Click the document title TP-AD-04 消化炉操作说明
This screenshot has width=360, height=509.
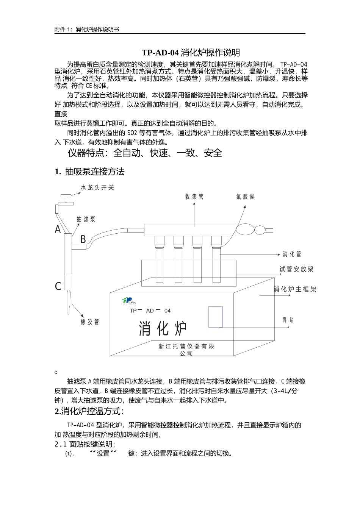pyautogui.click(x=191, y=52)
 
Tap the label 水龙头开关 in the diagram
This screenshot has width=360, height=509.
pyautogui.click(x=97, y=188)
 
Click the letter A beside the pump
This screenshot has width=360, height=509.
pyautogui.click(x=58, y=229)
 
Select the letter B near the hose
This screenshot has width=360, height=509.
pyautogui.click(x=83, y=239)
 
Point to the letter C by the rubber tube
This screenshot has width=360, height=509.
pyautogui.click(x=58, y=286)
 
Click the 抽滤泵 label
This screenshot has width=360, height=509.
pyautogui.click(x=86, y=219)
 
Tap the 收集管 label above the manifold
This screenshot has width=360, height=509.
pyautogui.click(x=194, y=197)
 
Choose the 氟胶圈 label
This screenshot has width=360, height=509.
pyautogui.click(x=245, y=197)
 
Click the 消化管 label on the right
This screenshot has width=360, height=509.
pyautogui.click(x=292, y=254)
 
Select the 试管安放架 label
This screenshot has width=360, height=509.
pyautogui.click(x=296, y=269)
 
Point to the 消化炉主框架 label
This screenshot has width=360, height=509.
pyautogui.click(x=295, y=289)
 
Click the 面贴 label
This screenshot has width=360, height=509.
pyautogui.click(x=288, y=320)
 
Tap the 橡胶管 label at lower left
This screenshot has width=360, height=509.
pyautogui.click(x=90, y=322)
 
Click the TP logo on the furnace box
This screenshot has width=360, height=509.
pyautogui.click(x=127, y=300)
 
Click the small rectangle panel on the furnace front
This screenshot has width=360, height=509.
pyautogui.click(x=216, y=317)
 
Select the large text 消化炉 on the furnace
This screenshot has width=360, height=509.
pyautogui.click(x=163, y=328)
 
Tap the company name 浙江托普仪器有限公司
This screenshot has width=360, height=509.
pyautogui.click(x=186, y=350)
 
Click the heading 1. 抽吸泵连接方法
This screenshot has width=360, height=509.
pyautogui.click(x=90, y=172)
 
